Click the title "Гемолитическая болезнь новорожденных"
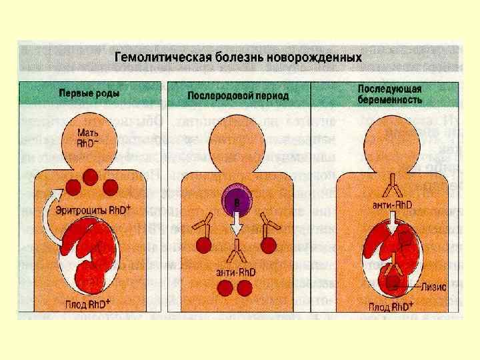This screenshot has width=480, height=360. click(x=239, y=57)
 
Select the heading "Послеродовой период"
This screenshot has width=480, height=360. click(x=238, y=96)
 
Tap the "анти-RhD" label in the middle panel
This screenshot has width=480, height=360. click(x=234, y=270)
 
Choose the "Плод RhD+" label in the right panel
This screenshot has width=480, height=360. click(x=394, y=307)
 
